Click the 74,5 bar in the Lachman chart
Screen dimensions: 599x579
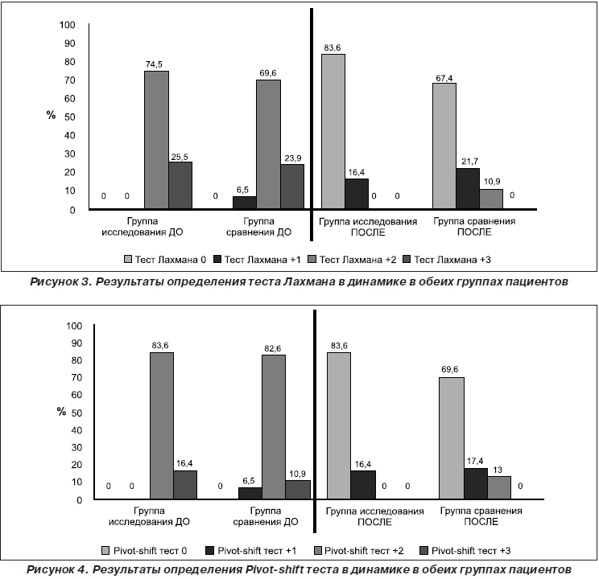(x=157, y=140)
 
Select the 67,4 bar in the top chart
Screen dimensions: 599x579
(x=444, y=146)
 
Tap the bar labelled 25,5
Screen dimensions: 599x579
(x=180, y=185)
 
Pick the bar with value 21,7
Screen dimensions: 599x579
(x=468, y=188)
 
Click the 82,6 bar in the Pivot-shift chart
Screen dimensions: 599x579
(x=274, y=427)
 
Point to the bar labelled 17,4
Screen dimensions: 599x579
(x=476, y=483)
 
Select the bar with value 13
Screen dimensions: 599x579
(x=499, y=487)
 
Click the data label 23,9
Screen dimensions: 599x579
(x=293, y=158)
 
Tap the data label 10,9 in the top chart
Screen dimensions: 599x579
(x=492, y=182)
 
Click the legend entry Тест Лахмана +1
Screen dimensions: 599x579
(x=257, y=260)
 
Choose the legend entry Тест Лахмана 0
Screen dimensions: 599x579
(x=165, y=260)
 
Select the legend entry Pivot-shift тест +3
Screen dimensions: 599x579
(x=465, y=551)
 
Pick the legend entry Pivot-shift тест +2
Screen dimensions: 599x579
(x=358, y=551)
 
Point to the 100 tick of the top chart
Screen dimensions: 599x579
(x=68, y=25)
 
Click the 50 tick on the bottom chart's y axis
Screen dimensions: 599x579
(x=76, y=413)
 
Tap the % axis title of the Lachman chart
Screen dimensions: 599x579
(x=52, y=114)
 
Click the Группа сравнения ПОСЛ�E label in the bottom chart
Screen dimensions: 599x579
(x=481, y=516)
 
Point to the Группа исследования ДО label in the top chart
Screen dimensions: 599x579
(x=143, y=227)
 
